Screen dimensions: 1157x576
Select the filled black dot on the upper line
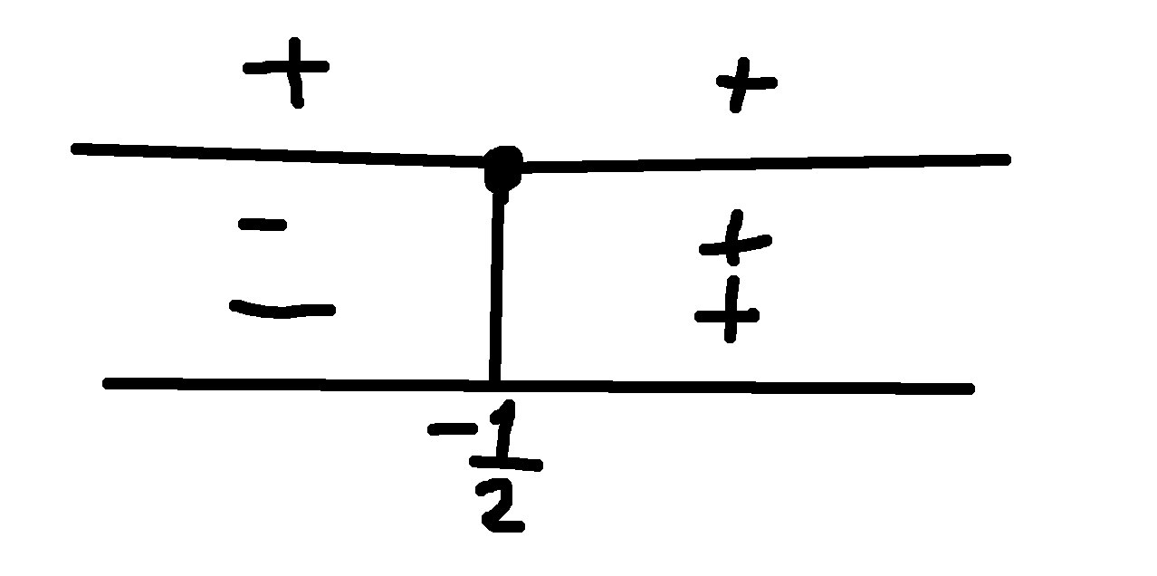pos(503,168)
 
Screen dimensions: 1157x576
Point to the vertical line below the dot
pos(496,287)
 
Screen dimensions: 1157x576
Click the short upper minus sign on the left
pos(263,225)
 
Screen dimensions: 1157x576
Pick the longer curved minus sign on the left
pos(282,310)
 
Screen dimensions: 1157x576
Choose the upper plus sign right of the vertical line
pos(735,240)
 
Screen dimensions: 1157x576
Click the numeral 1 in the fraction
pos(503,427)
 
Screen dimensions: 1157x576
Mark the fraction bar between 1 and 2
pos(505,464)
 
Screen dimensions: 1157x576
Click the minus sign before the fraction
pos(453,428)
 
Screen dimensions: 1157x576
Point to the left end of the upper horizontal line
pos(75,149)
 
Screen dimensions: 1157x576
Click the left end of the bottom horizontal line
pos(107,383)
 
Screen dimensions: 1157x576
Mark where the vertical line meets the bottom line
pos(494,384)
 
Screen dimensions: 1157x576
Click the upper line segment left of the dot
pos(279,156)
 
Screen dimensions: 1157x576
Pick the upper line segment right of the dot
pos(765,163)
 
